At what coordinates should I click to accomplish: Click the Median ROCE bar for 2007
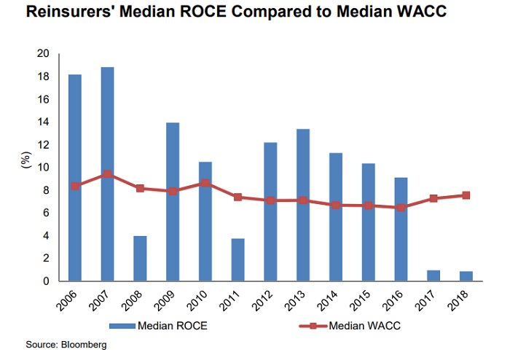click(106, 174)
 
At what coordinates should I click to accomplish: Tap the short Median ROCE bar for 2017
click(433, 275)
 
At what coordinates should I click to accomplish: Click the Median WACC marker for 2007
click(106, 174)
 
